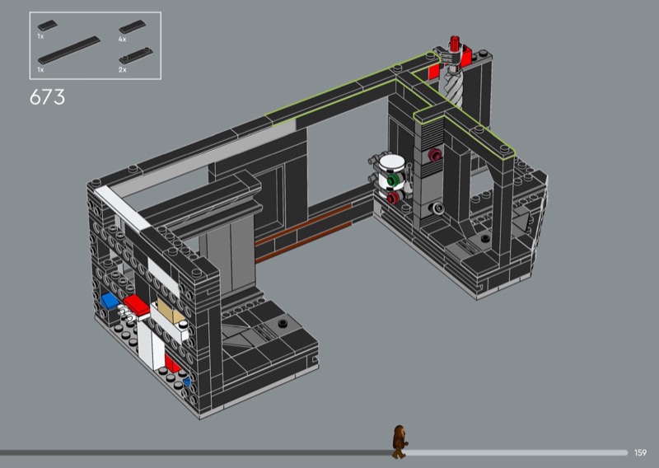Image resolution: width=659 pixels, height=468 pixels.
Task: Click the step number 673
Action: point(47,97)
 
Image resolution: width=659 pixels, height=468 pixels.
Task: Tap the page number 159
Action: point(640,452)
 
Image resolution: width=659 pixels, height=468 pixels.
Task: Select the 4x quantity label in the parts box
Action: point(122,39)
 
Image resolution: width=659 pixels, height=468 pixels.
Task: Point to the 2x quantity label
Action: point(122,70)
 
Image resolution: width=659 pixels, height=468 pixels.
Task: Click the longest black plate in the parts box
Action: point(69,50)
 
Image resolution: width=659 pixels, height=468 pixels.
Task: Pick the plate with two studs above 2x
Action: point(136,55)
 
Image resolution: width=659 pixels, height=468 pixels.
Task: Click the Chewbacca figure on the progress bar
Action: point(399,442)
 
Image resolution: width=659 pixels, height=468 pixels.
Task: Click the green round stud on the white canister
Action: point(393,180)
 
